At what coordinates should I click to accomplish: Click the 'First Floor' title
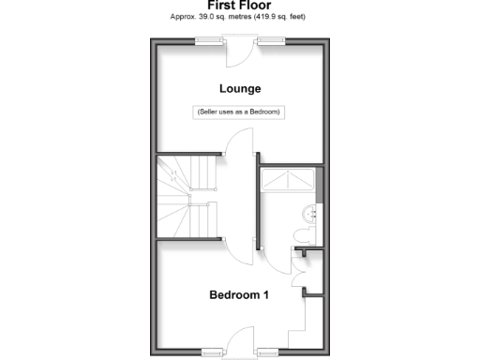tap(239, 5)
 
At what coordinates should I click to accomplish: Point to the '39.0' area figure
tap(210, 17)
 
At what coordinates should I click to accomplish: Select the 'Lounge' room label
tap(239, 89)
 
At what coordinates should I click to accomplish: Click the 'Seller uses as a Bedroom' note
tap(239, 112)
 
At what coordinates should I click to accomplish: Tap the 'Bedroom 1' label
tap(239, 294)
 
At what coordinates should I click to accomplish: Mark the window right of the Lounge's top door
tap(271, 39)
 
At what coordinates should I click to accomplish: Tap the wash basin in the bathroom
tap(311, 214)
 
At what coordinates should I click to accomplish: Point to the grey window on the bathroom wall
tap(320, 184)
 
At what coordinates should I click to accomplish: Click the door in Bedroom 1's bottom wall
tap(240, 339)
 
